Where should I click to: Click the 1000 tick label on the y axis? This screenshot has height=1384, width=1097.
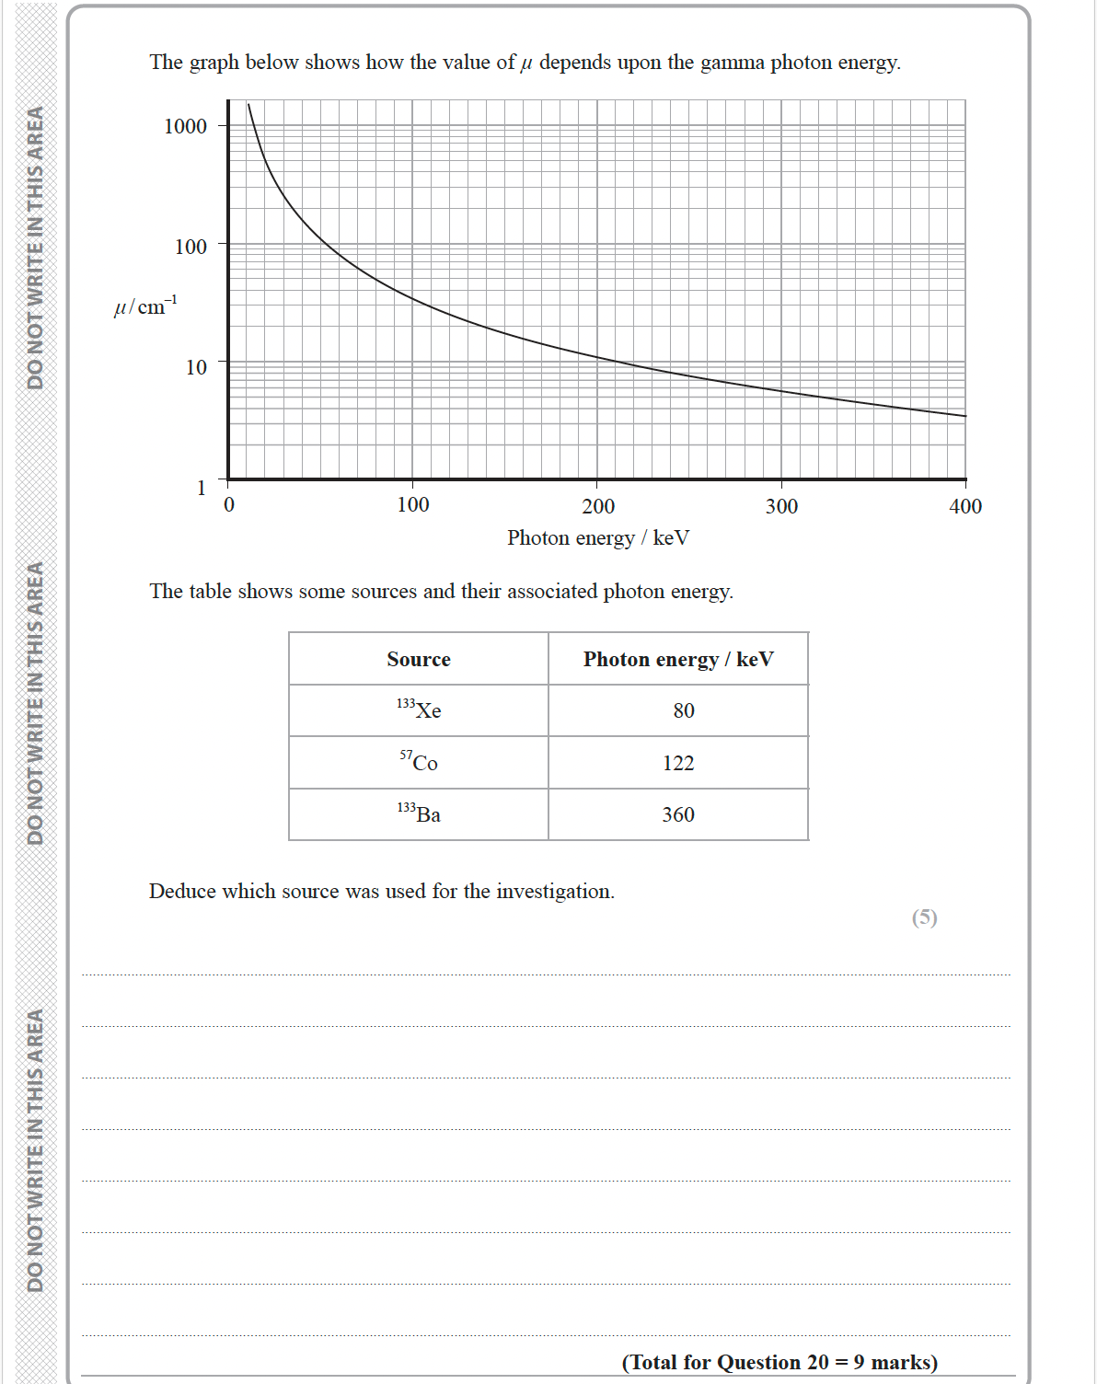tap(185, 126)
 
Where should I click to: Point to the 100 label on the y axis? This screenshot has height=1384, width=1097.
tap(191, 247)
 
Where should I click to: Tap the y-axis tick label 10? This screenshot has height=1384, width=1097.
tap(196, 367)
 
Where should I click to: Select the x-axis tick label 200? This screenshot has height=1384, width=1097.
tap(598, 506)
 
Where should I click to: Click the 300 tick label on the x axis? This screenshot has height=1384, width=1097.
tap(781, 506)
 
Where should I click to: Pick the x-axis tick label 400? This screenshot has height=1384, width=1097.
tap(965, 506)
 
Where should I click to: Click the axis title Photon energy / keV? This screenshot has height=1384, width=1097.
tap(597, 537)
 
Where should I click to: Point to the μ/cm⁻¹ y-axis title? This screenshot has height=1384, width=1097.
tap(145, 306)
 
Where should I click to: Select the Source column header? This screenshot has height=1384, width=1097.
tap(419, 659)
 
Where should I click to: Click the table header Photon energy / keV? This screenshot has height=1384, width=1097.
tap(678, 659)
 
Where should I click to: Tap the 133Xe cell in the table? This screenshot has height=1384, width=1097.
tap(419, 709)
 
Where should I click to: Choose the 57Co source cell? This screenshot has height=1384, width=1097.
tap(419, 762)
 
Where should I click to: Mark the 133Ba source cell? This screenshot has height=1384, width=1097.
tap(419, 813)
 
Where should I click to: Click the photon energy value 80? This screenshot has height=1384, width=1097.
tap(684, 710)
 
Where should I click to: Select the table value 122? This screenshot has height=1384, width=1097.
tap(678, 763)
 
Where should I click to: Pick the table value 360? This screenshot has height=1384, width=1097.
tap(678, 814)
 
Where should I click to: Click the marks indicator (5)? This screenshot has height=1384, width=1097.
tap(924, 917)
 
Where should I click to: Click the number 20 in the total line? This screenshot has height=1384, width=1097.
tap(816, 1362)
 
